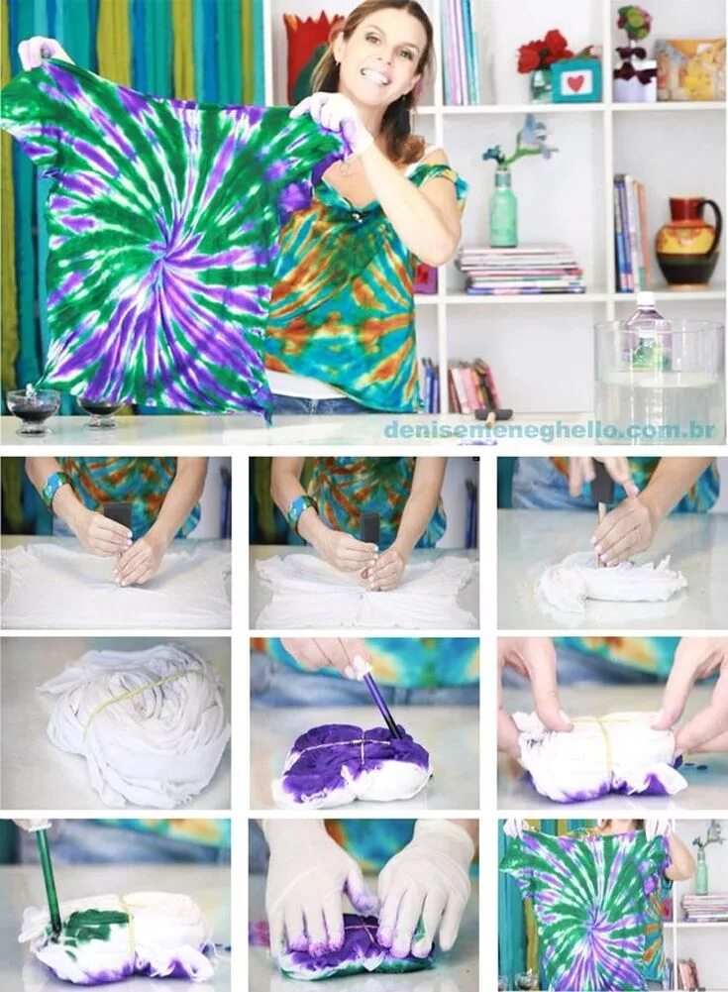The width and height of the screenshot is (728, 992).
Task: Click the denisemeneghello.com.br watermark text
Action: click(x=549, y=430)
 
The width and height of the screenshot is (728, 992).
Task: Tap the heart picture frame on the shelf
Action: click(x=576, y=81)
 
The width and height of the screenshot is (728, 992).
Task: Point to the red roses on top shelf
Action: click(x=544, y=51)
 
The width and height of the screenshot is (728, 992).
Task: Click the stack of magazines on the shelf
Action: click(x=520, y=269)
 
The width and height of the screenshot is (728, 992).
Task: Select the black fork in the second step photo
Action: click(x=370, y=530)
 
